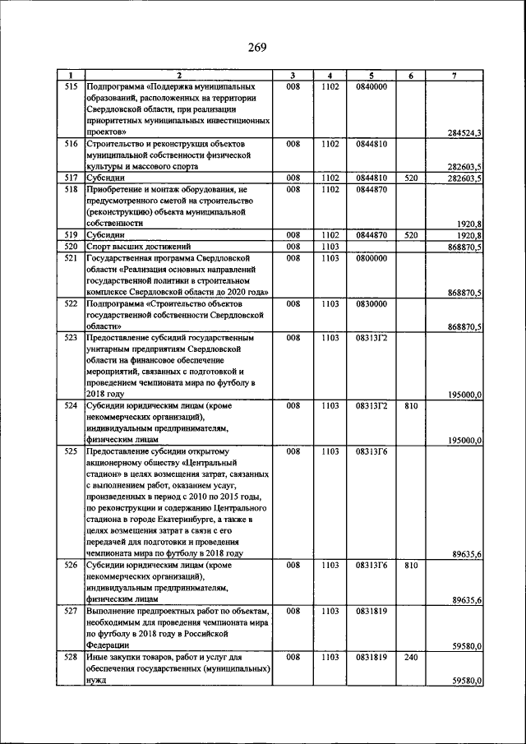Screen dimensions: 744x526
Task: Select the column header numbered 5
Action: [371, 76]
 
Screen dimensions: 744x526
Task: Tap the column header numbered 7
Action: [454, 76]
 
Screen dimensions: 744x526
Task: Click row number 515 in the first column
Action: [71, 85]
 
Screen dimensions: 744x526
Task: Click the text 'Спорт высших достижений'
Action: [139, 246]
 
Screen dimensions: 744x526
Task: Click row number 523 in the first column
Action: [71, 337]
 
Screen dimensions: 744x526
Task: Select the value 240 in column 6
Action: [412, 659]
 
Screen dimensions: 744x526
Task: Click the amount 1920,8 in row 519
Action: [467, 235]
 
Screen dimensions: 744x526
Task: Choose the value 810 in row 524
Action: [412, 406]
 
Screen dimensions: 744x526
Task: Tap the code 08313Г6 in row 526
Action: [371, 566]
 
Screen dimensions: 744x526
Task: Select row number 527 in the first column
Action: [71, 612]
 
